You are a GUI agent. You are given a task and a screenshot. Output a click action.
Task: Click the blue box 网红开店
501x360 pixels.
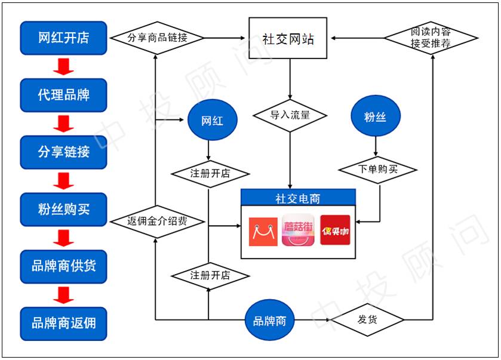63,38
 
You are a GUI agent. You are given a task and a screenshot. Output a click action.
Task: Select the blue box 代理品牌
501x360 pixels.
63,95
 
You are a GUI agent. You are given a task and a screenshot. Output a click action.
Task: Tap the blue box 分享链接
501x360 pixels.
63,152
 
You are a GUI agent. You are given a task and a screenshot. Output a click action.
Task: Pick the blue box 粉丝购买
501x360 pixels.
63,210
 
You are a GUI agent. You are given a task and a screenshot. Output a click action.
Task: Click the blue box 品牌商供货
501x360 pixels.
63,266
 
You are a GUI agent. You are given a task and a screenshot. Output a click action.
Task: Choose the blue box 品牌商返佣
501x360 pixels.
63,324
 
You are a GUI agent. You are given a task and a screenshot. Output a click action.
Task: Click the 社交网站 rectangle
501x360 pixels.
288,38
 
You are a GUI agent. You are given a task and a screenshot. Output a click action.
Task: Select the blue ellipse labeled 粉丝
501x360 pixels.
375,116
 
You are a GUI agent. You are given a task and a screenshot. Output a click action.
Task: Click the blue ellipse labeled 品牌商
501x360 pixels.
269,321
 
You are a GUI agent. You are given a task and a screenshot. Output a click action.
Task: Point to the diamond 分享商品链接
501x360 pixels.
157,38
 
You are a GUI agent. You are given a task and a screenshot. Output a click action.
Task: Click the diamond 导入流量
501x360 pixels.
290,115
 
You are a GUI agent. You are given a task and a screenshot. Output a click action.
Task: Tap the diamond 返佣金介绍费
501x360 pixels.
157,221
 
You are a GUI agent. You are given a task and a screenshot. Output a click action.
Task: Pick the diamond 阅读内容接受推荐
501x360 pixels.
431,39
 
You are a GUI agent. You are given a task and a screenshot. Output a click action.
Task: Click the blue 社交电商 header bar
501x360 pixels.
297,198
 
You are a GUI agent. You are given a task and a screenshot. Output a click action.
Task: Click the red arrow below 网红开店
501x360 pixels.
63,66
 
